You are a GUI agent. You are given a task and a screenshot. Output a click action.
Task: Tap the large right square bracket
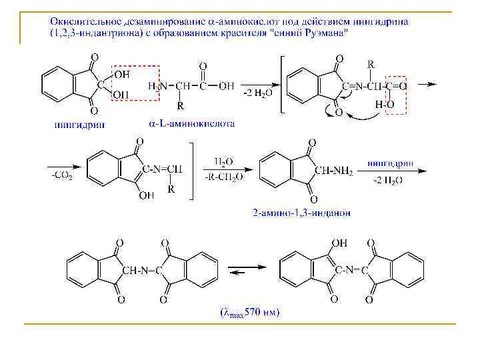click(193, 170)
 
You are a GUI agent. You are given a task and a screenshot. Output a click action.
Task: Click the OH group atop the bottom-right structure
click(340, 244)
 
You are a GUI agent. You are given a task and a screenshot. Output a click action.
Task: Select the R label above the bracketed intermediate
click(370, 63)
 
